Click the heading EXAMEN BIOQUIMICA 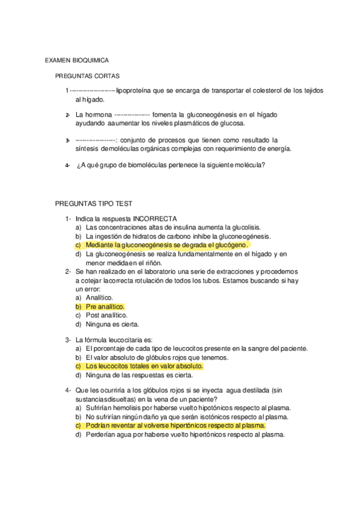[x=77, y=61]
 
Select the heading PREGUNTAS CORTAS [x=87, y=76]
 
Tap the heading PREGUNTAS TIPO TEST [x=93, y=204]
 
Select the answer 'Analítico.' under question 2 [x=99, y=298]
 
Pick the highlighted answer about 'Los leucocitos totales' [x=144, y=366]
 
